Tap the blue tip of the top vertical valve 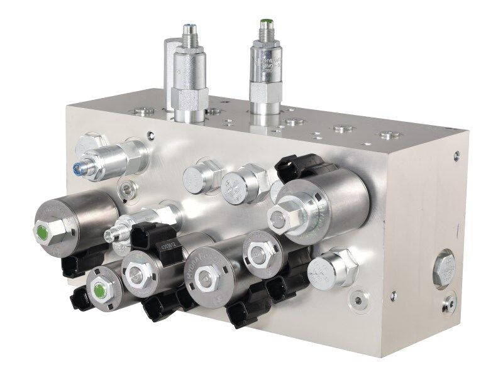point(189,28)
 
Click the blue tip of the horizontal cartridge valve point(77,167)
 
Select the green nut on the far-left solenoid point(41,231)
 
